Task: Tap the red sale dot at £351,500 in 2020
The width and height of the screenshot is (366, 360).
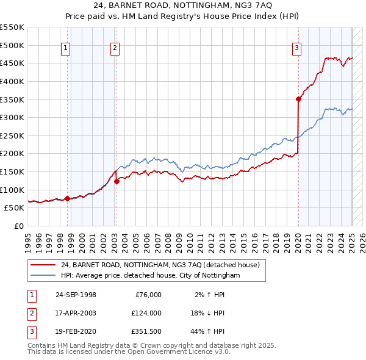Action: [298, 99]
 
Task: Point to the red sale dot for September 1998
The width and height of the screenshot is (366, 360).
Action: [67, 198]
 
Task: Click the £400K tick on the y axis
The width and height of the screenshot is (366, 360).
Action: [12, 81]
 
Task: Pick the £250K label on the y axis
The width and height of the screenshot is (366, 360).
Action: [12, 135]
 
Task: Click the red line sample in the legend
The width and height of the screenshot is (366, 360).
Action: [42, 265]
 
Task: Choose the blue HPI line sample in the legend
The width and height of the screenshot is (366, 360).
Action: [42, 276]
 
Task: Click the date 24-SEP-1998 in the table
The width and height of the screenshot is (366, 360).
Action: [76, 295]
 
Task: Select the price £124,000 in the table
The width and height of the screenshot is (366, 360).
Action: [146, 313]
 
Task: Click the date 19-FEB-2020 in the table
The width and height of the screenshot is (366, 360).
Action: [76, 331]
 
